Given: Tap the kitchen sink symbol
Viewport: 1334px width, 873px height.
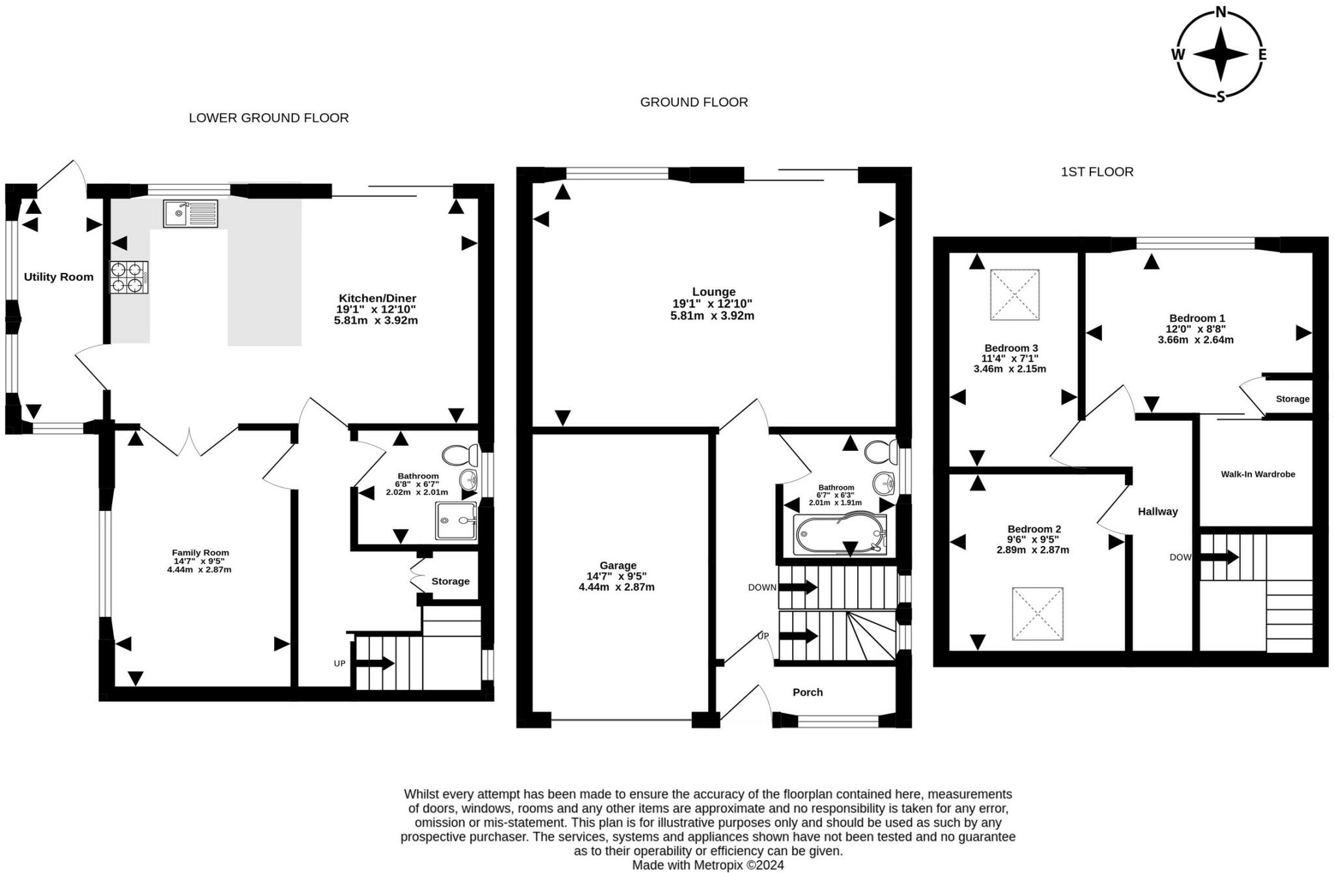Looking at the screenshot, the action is (x=190, y=213).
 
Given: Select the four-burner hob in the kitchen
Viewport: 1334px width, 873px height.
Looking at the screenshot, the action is (x=129, y=278).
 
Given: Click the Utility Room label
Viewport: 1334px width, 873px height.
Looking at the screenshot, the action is (x=59, y=277).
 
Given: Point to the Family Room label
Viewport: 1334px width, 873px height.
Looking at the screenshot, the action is (x=201, y=552).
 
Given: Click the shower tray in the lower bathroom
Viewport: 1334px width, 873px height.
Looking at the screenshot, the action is (x=457, y=520).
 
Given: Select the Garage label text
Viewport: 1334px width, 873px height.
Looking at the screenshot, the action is (x=618, y=565).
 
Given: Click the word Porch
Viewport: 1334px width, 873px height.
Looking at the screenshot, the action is (x=808, y=692).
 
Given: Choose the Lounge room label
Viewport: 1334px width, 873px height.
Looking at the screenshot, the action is (x=714, y=292).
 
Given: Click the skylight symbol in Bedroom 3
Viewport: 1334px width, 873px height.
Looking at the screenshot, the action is (x=1015, y=295).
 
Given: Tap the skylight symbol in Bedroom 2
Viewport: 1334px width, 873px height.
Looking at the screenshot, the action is (x=1038, y=614).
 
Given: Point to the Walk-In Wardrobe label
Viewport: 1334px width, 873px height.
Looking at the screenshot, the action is (x=1258, y=474).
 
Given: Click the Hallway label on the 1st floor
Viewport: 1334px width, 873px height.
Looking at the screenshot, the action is (x=1158, y=511).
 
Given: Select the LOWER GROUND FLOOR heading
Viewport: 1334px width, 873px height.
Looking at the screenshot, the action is (x=269, y=118).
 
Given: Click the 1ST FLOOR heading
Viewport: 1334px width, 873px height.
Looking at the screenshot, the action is (x=1098, y=172).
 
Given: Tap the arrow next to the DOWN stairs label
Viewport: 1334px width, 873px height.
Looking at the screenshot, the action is (x=798, y=587).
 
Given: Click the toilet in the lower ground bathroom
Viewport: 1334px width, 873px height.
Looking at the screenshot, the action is (x=460, y=455).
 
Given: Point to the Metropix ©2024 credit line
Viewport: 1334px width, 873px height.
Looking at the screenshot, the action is (x=708, y=865).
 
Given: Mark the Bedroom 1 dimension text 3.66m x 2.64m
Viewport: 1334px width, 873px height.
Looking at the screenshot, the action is (x=1196, y=339).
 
